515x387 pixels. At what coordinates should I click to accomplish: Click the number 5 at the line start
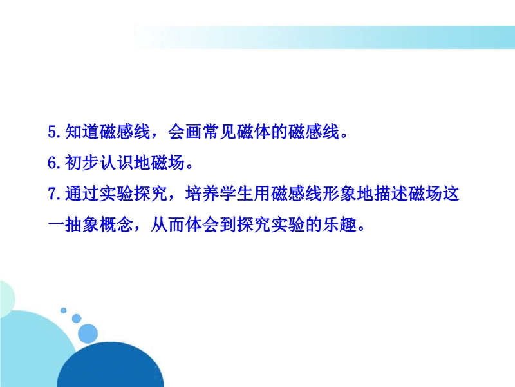53,132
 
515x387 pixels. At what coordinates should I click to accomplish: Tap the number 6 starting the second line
53,163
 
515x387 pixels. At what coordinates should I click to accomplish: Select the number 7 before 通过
53,193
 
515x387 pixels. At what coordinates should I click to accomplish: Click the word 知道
82,132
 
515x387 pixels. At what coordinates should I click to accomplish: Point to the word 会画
185,132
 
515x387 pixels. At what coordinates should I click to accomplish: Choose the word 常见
219,132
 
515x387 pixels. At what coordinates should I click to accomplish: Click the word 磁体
253,132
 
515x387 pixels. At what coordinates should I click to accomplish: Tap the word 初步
82,163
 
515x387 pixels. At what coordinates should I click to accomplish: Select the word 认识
117,163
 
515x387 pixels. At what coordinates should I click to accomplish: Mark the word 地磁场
159,163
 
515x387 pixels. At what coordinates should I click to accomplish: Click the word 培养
202,193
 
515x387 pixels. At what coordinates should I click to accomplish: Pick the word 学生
236,193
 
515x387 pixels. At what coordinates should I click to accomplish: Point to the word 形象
339,193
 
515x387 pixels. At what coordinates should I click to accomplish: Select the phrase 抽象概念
99,225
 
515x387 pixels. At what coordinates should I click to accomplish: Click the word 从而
167,225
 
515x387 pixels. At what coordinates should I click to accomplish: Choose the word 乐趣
339,225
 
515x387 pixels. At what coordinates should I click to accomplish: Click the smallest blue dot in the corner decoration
63,310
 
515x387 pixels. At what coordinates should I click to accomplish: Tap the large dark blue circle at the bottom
110,365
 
